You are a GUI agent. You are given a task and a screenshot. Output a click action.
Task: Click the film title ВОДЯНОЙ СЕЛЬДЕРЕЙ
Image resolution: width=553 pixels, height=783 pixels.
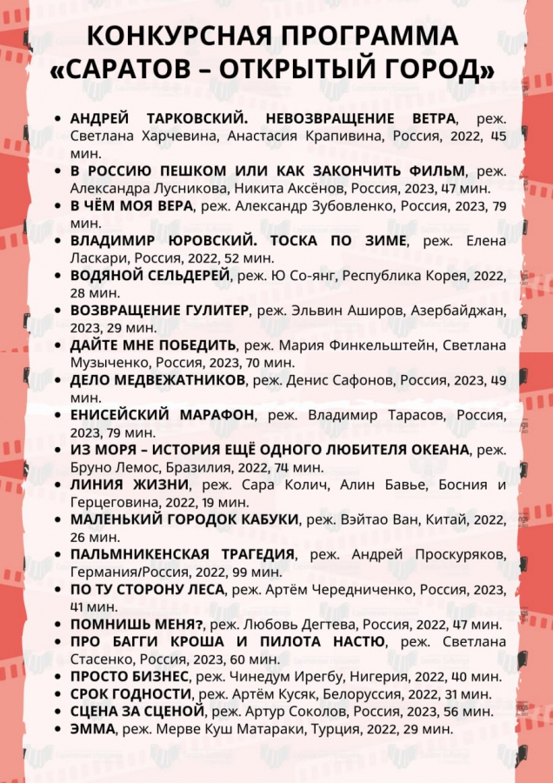coord(150,275)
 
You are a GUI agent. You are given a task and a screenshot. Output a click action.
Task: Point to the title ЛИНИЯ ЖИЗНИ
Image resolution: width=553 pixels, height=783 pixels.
coord(130,484)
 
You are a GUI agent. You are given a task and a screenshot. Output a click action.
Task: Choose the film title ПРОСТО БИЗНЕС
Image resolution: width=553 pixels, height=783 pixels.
coord(130,676)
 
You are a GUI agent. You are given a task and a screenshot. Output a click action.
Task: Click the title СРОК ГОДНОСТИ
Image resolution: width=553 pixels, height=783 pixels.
coord(130,693)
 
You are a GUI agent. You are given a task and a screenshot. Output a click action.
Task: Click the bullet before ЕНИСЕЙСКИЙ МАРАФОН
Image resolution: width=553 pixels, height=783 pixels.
coord(57,415)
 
